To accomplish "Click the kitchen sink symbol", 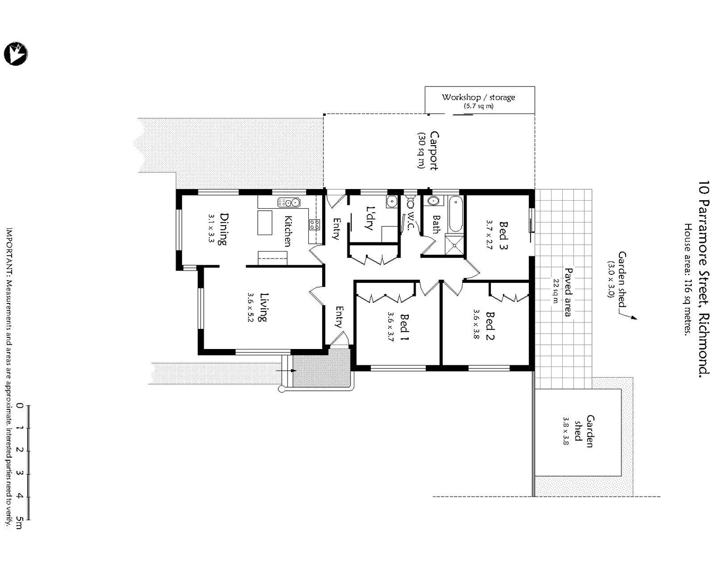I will click(289, 202).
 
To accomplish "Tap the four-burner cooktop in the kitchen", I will click(314, 225).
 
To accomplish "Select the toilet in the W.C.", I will click(410, 203).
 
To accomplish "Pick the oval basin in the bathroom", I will click(433, 201).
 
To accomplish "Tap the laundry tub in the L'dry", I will click(391, 202).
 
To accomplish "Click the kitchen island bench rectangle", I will click(264, 222).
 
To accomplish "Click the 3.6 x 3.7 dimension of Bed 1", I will click(390, 327).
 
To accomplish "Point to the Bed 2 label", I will click(490, 326).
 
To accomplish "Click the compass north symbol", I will click(16, 53).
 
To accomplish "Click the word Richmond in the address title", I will click(703, 344).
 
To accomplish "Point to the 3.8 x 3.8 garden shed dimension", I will click(565, 430).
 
